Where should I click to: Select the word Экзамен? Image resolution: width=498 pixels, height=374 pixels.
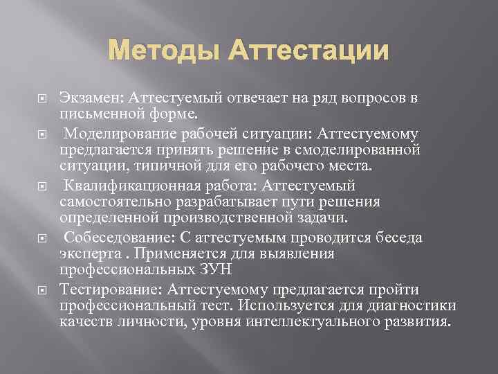[x=87, y=98]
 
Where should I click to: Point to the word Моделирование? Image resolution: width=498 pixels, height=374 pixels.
[x=114, y=134]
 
